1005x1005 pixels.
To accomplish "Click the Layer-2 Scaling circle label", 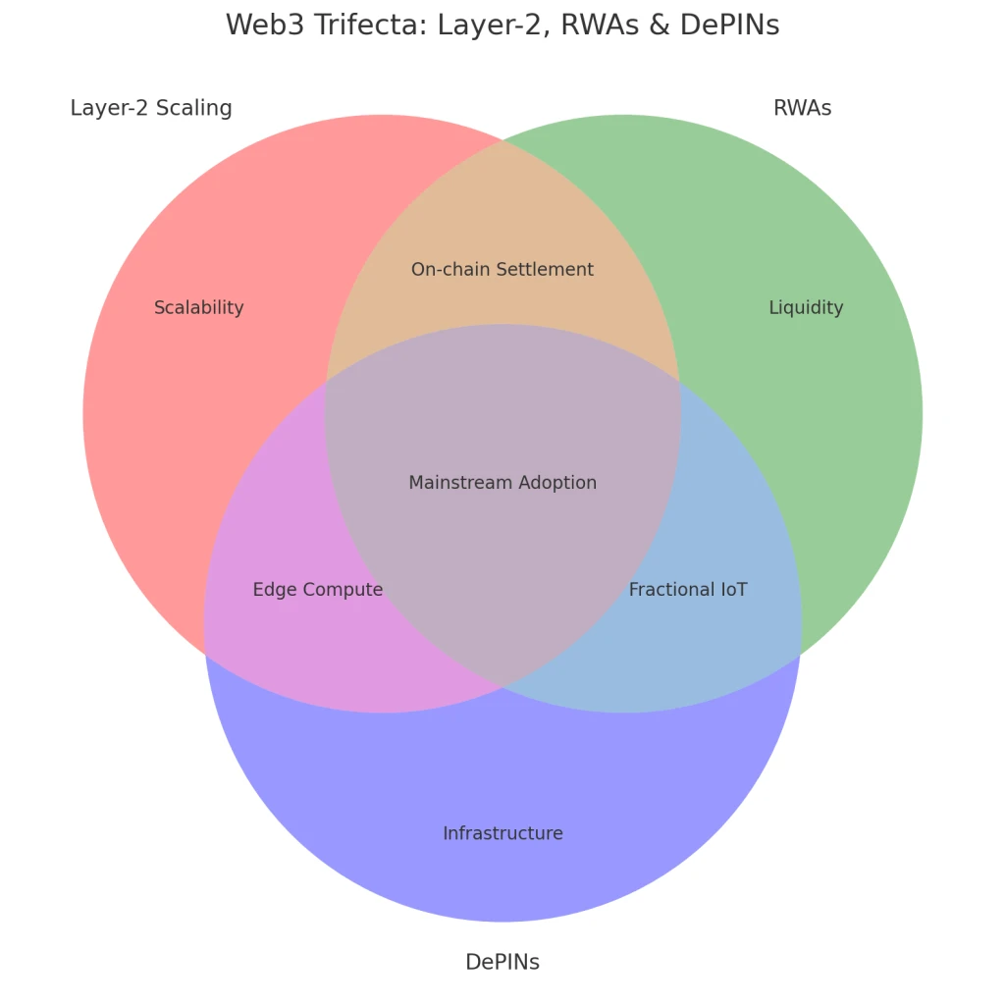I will (x=151, y=108).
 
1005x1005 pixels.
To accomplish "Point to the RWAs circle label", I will (x=802, y=108).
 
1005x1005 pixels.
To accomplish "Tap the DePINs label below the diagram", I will (x=502, y=962).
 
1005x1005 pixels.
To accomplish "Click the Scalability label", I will (x=199, y=308).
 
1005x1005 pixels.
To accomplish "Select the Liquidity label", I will (x=806, y=308).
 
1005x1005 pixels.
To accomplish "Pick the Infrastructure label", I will (x=502, y=834).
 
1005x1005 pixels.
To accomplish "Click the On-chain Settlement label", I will (x=502, y=270).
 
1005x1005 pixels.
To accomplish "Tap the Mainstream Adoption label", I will (x=502, y=483).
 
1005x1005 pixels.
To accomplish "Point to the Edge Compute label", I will (x=318, y=590).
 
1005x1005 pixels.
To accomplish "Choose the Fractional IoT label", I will (x=688, y=590).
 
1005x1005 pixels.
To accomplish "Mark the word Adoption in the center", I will (x=558, y=483).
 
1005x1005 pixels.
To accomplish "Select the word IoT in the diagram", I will (x=733, y=590).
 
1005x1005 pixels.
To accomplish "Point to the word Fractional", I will (x=670, y=590).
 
